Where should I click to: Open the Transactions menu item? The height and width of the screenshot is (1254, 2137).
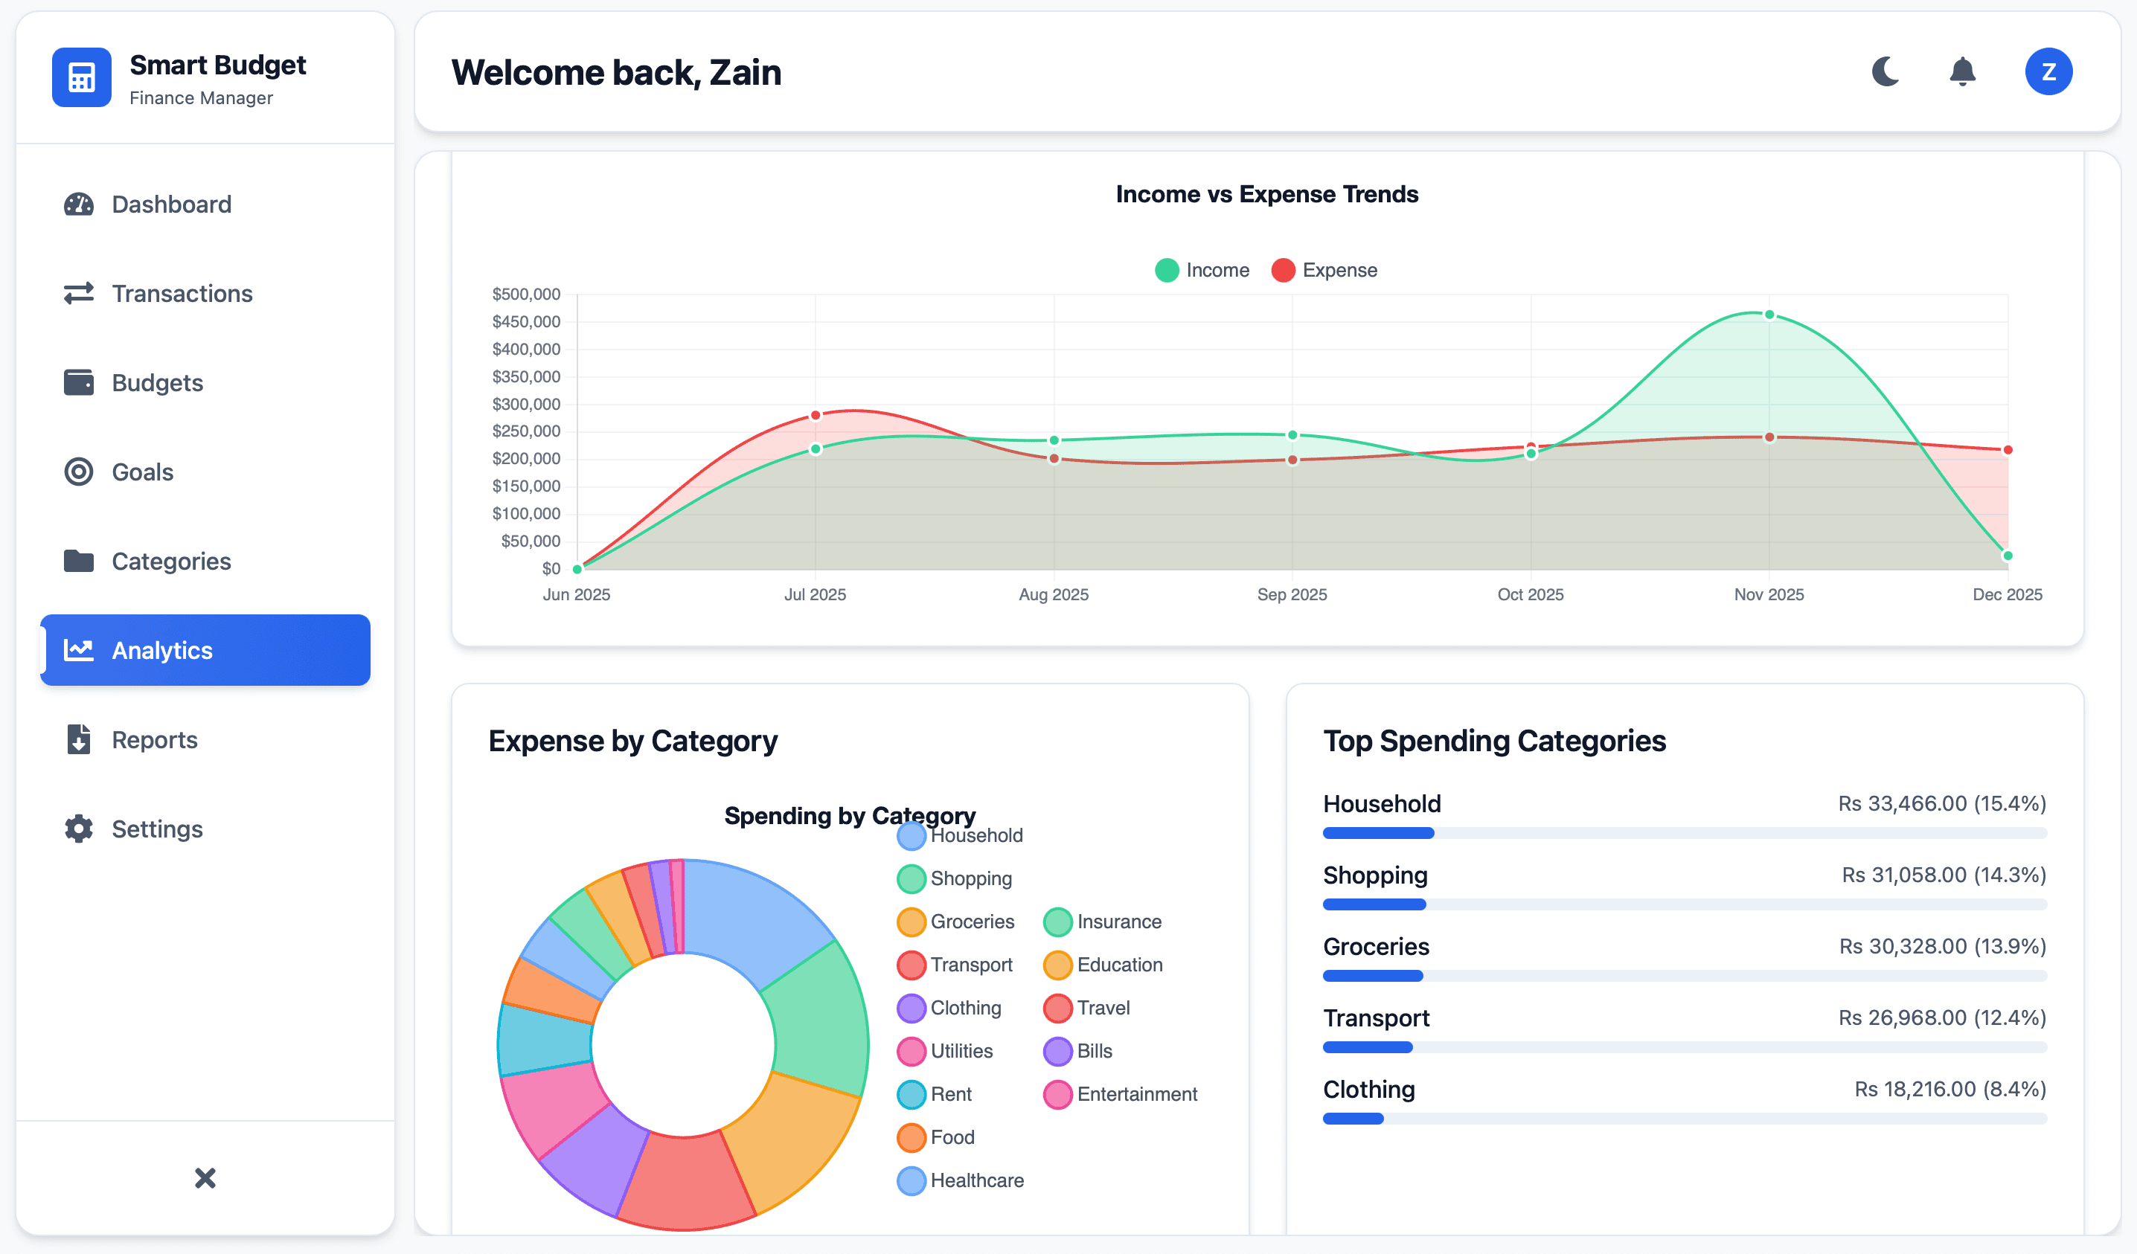182,293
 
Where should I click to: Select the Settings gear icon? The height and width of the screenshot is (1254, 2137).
79,829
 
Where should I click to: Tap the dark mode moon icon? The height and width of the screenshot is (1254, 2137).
1886,72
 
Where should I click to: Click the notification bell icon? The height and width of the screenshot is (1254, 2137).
1962,72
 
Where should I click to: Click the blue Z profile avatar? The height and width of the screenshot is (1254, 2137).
2048,72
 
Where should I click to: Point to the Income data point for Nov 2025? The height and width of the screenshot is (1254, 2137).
1769,315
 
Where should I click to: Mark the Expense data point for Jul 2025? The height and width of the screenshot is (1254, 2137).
815,416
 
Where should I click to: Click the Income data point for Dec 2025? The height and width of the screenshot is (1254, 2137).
2008,556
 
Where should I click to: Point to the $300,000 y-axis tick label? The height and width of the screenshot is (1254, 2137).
526,404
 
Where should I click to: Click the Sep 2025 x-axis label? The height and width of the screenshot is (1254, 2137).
1292,594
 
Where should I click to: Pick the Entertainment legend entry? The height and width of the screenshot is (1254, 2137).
1121,1094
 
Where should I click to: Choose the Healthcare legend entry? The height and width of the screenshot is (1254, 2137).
961,1180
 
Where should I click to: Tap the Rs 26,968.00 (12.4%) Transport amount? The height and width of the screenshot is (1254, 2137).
1941,1017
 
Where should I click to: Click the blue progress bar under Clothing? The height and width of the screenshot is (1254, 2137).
1353,1119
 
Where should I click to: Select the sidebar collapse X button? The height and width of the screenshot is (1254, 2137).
205,1177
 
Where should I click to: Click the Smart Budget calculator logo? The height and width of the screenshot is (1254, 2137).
81,77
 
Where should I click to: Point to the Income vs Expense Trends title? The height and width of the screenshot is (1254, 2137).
1267,194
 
